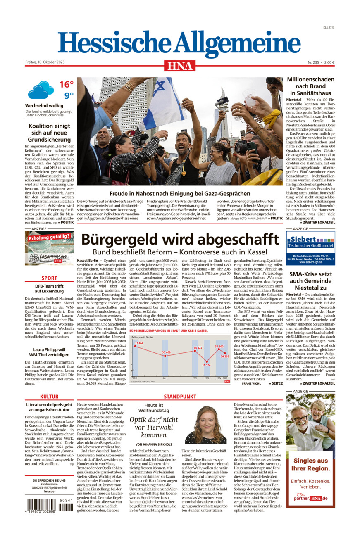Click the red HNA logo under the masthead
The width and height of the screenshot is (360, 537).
pyautogui.click(x=180, y=66)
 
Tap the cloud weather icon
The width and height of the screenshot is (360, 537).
pyautogui.click(x=41, y=90)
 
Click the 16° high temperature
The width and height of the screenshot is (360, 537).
pyautogui.click(x=66, y=85)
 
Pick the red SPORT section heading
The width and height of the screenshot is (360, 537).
pyautogui.click(x=49, y=278)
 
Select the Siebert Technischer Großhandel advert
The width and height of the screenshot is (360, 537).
pyautogui.click(x=310, y=248)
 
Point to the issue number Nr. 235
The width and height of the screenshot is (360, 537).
pyautogui.click(x=313, y=62)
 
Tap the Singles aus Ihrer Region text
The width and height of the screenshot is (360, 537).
pyautogui.click(x=310, y=464)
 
